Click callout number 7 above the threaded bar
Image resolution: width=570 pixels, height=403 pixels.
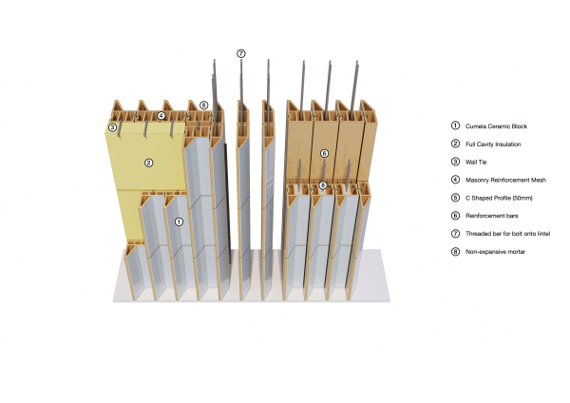(x=241, y=53)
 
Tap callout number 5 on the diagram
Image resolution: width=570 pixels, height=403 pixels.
(x=204, y=106)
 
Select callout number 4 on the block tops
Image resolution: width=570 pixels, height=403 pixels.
(x=161, y=116)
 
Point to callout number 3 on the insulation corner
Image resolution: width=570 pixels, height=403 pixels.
(x=112, y=127)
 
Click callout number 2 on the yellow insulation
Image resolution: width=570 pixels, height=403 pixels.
(x=149, y=163)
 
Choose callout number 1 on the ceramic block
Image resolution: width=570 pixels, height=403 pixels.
(x=179, y=221)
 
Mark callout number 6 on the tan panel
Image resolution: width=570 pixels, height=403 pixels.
(x=324, y=153)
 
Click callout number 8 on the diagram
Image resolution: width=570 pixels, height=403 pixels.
(x=323, y=185)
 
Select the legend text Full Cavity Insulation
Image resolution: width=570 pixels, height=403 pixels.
(x=493, y=144)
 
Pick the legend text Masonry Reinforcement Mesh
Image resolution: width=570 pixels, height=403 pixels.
(x=505, y=180)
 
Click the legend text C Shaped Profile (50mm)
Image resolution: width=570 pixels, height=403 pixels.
(x=499, y=198)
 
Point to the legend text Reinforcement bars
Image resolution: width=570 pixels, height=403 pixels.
(x=492, y=216)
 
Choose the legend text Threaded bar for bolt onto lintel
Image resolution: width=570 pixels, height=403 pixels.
(x=507, y=234)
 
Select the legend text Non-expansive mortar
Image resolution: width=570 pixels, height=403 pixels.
(x=495, y=251)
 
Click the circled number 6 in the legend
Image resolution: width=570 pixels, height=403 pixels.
(x=455, y=216)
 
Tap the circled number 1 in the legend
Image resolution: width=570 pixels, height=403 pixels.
(x=455, y=125)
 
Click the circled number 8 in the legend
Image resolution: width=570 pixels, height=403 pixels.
(x=455, y=251)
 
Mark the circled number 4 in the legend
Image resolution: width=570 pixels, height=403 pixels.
(x=455, y=180)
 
